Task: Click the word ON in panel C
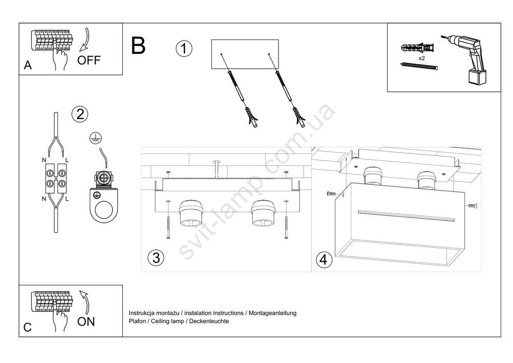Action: (86, 322)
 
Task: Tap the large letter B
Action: (138, 46)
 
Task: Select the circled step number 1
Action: (184, 49)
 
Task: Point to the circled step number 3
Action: (155, 258)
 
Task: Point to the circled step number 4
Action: (322, 260)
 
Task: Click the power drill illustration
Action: (467, 56)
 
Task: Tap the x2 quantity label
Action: (422, 59)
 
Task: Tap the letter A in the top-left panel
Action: (28, 66)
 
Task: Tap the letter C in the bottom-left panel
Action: (28, 328)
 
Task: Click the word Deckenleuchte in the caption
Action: (209, 321)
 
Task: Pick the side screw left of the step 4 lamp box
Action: (332, 194)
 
